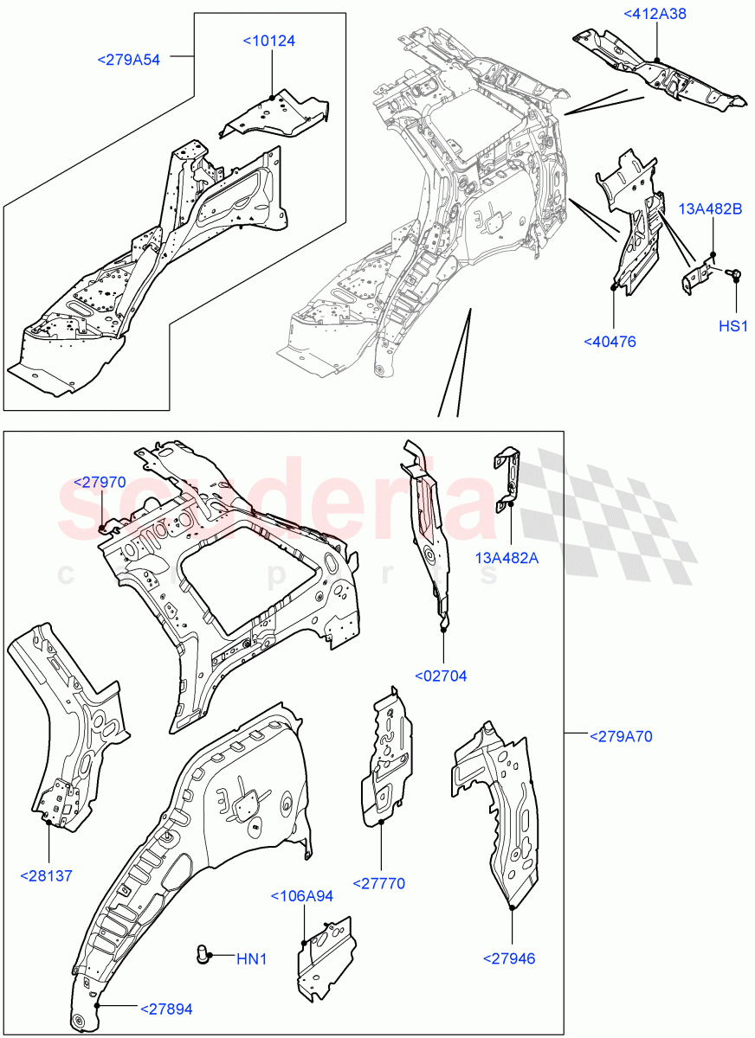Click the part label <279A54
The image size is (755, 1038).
pos(128,59)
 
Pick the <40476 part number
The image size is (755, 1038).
pos(610,342)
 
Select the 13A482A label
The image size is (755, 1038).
pos(507,558)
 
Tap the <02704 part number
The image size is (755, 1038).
pos(441,676)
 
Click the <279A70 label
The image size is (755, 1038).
pos(621,737)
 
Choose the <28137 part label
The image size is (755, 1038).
pos(46,875)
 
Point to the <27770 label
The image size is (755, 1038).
pos(378,883)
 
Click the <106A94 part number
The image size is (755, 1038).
pos(302,896)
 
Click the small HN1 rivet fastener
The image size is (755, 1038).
pos(202,956)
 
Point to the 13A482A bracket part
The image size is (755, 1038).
pos(508,477)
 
